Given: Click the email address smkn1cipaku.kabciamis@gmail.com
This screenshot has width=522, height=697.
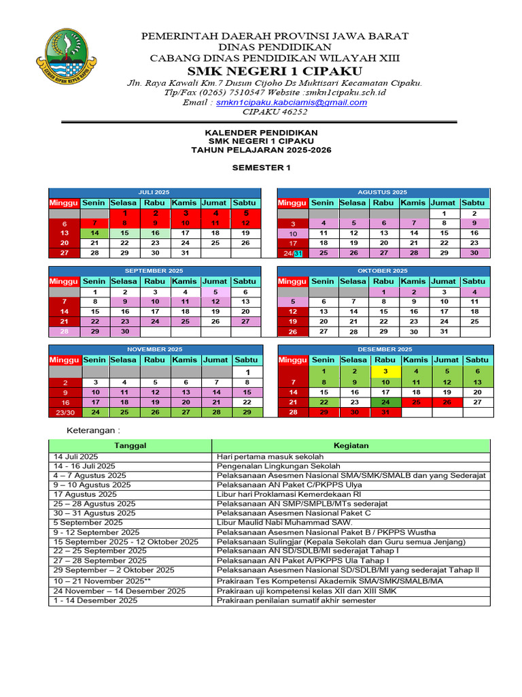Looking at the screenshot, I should point(292,102).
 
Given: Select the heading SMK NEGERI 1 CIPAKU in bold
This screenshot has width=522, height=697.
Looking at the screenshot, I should point(275,71).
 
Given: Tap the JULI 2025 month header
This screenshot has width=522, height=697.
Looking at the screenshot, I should point(154,193).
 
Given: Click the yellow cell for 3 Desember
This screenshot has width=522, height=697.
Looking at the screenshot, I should point(385,371).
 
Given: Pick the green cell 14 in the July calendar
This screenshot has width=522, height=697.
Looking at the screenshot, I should point(94,233).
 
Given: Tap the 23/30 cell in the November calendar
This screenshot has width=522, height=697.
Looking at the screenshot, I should point(65,412).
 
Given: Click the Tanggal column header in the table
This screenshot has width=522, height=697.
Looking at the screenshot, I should point(130,446).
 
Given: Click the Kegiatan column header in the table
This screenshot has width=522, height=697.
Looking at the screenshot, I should point(351,446).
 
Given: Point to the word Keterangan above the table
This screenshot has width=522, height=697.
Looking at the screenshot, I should point(92,431).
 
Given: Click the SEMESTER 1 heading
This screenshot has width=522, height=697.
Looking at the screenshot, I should point(261,167).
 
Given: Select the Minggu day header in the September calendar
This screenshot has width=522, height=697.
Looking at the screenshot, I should point(64,281).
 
